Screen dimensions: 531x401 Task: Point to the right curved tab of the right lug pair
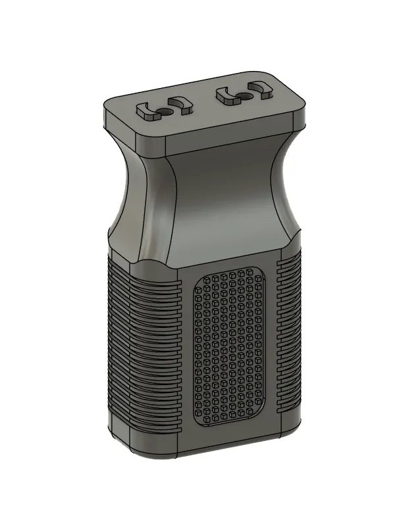[x=261, y=91]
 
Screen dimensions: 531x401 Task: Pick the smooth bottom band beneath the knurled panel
[x=230, y=447]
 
